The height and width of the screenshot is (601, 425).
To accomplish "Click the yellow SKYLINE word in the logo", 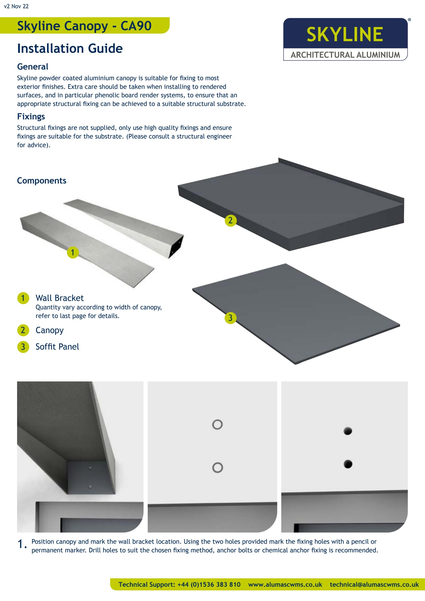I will click(x=344, y=34).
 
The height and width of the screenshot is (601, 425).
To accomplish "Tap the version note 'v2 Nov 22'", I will click(x=16, y=6).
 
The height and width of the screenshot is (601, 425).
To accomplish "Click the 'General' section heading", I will click(x=32, y=67).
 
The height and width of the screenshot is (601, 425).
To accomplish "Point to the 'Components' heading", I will click(x=42, y=181).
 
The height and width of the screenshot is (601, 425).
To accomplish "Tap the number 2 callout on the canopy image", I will click(x=230, y=221).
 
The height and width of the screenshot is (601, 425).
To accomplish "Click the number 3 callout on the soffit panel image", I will click(x=230, y=318).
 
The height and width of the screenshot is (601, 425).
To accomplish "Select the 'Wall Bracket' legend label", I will click(x=60, y=298).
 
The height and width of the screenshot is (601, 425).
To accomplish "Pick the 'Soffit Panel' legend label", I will click(x=57, y=347).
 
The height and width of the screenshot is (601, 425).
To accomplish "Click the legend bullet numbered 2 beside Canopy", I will click(x=23, y=330).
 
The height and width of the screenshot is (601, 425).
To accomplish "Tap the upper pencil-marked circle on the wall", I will click(x=217, y=425).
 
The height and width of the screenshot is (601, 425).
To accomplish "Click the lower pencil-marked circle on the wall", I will click(x=217, y=468).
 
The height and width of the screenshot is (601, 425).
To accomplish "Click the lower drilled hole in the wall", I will click(x=348, y=464).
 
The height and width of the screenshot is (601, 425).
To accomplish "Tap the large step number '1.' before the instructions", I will click(x=22, y=545).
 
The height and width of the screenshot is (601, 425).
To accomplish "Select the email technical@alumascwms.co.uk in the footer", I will click(x=374, y=585).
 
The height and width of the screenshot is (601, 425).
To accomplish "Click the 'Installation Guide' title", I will click(x=70, y=48).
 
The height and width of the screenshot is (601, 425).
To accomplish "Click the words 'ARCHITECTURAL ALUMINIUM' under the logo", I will click(x=345, y=55).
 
